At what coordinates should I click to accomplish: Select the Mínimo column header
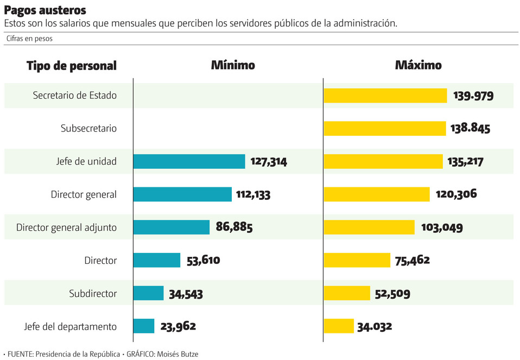(x=233, y=65)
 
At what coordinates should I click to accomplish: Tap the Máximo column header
(x=418, y=65)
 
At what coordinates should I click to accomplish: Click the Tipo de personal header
(x=72, y=66)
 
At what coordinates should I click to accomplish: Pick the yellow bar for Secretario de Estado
(x=385, y=96)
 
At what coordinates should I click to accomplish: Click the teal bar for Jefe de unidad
(x=189, y=161)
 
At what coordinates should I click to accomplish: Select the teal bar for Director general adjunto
(x=171, y=227)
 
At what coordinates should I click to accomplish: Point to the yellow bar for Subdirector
(x=347, y=293)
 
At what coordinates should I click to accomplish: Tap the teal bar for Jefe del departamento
(x=144, y=326)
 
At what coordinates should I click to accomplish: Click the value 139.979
(x=473, y=96)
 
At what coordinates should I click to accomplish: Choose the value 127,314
(x=269, y=161)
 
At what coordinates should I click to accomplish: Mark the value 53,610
(x=203, y=260)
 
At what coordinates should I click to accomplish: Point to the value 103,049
(x=442, y=227)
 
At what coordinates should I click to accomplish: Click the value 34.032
(x=375, y=326)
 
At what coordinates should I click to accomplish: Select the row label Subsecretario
(x=88, y=129)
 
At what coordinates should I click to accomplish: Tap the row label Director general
(x=84, y=194)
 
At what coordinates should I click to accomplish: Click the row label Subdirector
(x=93, y=293)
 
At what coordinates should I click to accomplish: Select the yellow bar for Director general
(x=377, y=194)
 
